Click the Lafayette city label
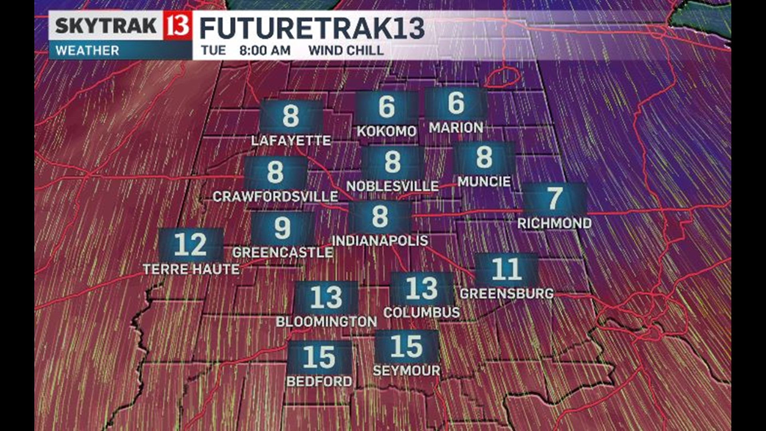point(291,140)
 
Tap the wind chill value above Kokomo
point(387,107)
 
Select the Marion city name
point(456,128)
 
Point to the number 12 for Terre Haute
point(190,245)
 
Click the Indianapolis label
point(380,241)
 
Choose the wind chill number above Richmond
point(555,198)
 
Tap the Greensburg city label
point(507,294)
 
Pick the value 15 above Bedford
point(319,357)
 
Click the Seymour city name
point(407,371)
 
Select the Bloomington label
point(326,322)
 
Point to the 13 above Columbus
point(422,289)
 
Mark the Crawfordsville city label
point(275,196)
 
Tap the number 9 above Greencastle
point(282,228)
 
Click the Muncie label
point(484,182)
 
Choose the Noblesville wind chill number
point(393,162)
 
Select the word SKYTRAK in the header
point(106,26)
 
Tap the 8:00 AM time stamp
point(265,51)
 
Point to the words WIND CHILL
point(346,51)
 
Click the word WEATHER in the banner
point(87,51)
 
